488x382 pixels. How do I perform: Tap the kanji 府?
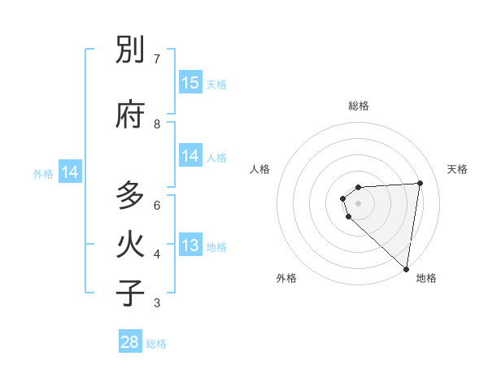point(130,115)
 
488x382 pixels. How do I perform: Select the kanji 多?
point(130,196)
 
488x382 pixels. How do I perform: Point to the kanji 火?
point(130,245)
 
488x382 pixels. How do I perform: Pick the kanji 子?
point(130,293)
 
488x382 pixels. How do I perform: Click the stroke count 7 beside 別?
point(157,59)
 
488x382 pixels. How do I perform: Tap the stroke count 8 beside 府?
point(157,124)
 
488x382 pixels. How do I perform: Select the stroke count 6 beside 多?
point(157,205)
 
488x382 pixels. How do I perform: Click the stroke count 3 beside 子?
point(157,303)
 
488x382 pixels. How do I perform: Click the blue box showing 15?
point(190,83)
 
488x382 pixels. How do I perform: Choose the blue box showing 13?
point(190,245)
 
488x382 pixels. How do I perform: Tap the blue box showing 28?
point(129,342)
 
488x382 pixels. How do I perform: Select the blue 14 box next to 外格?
point(70,172)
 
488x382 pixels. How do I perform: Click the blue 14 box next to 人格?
point(190,156)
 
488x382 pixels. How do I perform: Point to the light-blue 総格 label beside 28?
point(157,344)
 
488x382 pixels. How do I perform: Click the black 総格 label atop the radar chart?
point(359,106)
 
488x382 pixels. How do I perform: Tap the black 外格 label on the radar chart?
point(286,278)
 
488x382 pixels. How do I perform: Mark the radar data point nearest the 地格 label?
point(407,268)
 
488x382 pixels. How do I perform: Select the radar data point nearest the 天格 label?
point(420,183)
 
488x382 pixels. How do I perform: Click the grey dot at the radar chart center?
point(359,203)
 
